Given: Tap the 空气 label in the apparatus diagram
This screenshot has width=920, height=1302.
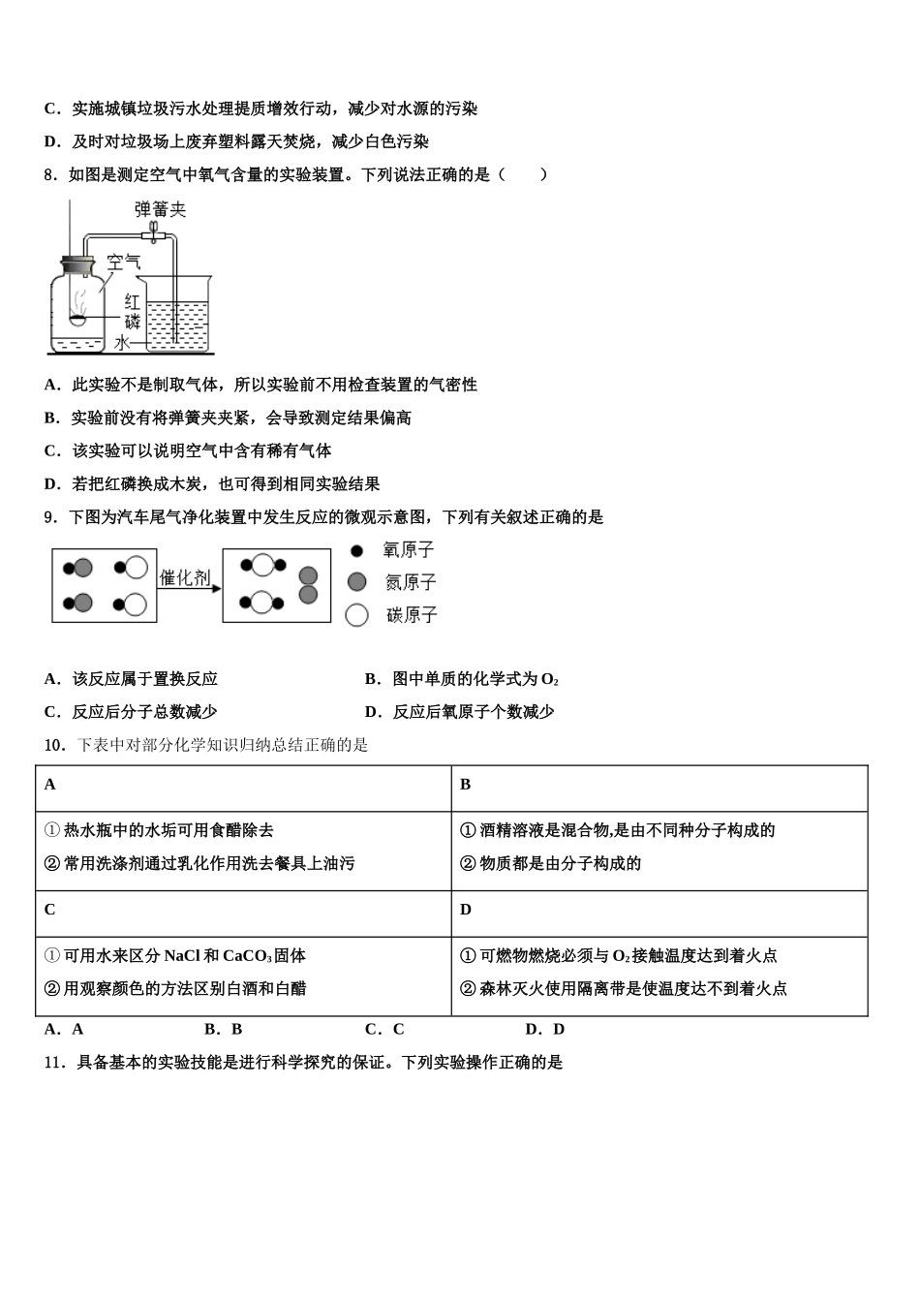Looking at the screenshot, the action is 124,262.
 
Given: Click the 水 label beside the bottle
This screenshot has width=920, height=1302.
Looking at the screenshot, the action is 122,343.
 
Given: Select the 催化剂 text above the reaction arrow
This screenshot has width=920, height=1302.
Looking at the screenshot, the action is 184,577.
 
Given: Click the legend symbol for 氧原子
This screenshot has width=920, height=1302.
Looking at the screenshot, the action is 356,550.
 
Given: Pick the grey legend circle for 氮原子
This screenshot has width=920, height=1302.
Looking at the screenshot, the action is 356,581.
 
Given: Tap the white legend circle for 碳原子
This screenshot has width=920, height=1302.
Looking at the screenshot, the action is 356,614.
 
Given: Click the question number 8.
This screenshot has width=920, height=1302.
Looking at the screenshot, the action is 50,174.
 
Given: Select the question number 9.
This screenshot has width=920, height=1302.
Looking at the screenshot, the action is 50,517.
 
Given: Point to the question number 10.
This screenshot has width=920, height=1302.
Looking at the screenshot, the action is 55,745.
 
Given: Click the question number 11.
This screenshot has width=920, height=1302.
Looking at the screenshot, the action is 55,1062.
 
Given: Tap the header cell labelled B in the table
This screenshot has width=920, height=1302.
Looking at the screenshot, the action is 465,785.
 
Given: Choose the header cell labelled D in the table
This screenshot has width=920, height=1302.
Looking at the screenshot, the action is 465,910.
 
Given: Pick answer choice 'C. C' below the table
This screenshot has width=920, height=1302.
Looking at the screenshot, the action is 384,1029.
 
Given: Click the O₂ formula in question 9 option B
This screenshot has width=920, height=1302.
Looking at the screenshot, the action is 550,680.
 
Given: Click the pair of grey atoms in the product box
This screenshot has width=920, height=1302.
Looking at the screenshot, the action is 308,584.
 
